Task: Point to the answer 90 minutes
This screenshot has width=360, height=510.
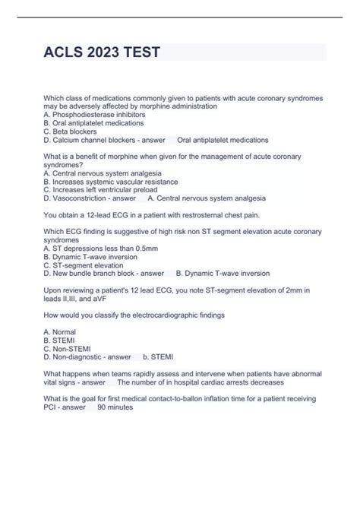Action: (x=115, y=407)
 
